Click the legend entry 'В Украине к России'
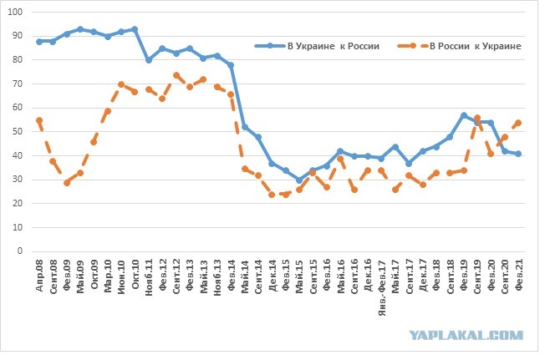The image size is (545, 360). (x=317, y=46)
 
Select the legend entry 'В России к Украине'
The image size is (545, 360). (x=459, y=46)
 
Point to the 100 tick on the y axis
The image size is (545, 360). (x=15, y=13)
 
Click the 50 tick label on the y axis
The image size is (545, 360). (x=18, y=132)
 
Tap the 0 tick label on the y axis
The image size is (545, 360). (x=20, y=251)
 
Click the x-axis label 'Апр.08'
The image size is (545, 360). (x=39, y=276)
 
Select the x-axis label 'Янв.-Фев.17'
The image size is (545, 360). (x=382, y=287)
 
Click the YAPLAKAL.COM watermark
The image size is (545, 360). (x=466, y=335)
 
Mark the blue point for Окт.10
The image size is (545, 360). (x=135, y=29)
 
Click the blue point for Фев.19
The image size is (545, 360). (x=464, y=115)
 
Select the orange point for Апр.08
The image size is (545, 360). (x=39, y=120)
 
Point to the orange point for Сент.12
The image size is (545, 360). (x=176, y=75)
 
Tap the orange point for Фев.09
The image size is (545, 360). (x=67, y=183)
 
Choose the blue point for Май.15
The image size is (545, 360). (x=299, y=180)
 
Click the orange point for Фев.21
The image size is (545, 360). (x=518, y=123)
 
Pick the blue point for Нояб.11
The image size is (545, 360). (x=149, y=60)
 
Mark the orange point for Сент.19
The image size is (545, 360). (x=477, y=118)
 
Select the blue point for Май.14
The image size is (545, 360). (x=245, y=127)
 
